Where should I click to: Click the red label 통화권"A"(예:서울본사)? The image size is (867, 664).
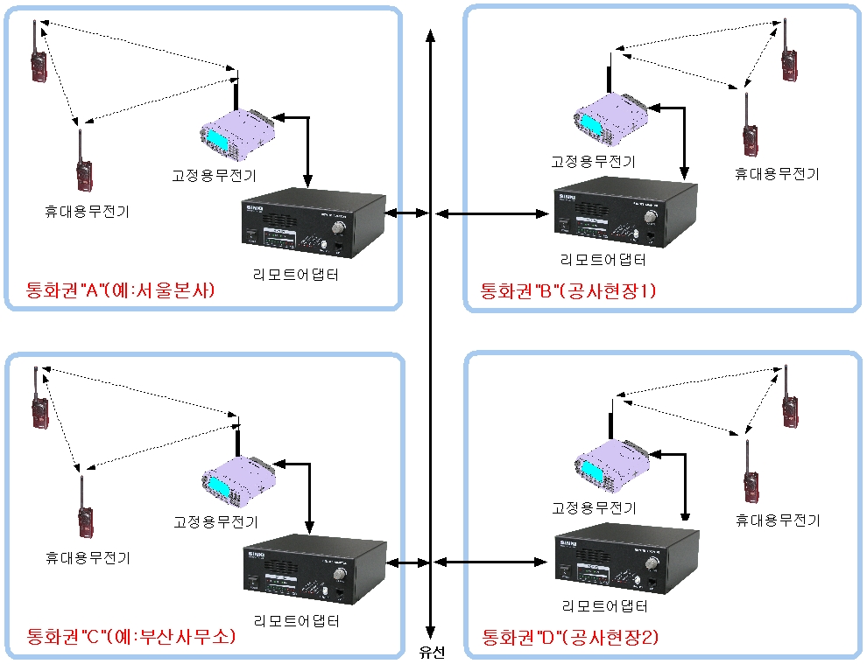(121, 291)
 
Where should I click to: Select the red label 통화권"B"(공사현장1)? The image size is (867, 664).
(567, 291)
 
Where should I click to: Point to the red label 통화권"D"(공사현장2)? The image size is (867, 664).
(570, 637)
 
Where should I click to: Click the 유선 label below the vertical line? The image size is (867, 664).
(432, 653)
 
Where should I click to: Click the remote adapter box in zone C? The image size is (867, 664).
(314, 571)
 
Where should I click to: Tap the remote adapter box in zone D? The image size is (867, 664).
(628, 560)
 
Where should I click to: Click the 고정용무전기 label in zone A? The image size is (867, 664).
(215, 176)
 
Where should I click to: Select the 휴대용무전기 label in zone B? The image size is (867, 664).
(777, 173)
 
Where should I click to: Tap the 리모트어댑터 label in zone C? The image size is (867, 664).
(296, 621)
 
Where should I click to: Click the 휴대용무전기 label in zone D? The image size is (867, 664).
(778, 521)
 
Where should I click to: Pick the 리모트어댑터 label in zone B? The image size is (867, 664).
(604, 260)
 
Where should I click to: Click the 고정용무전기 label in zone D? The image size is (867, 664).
(594, 508)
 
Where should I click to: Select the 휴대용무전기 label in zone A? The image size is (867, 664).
(87, 211)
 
